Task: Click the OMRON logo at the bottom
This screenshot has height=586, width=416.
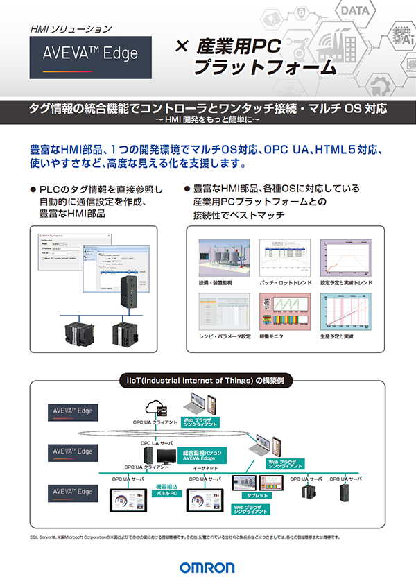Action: pos(207,567)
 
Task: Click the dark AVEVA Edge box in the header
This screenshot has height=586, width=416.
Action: pos(91,53)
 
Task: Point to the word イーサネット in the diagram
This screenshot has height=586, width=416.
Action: pos(205,469)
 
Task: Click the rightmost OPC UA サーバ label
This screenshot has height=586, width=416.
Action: pos(345,479)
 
